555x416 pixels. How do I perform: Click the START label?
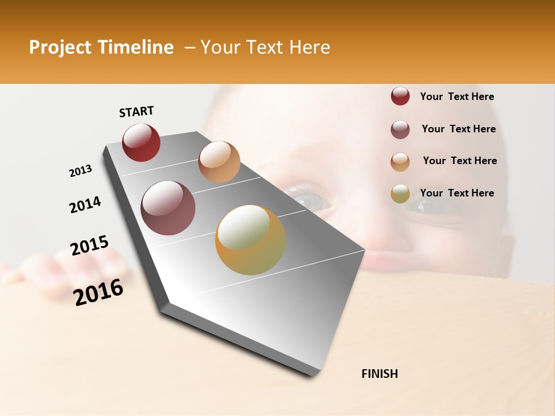(x=136, y=112)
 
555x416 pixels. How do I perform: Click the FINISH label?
(x=379, y=374)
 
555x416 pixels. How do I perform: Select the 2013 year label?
(x=80, y=171)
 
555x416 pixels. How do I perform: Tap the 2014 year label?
(x=85, y=205)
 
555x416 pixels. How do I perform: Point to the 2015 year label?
(x=90, y=246)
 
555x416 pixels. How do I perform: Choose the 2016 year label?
(x=98, y=292)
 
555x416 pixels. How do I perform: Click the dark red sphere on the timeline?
(x=141, y=143)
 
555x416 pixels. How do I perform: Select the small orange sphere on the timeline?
(x=219, y=162)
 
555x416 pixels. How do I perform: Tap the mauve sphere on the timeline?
(x=168, y=208)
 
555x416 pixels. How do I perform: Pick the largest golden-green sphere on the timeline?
(x=250, y=240)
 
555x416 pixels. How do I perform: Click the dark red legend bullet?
(x=400, y=96)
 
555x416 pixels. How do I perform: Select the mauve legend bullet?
(x=400, y=129)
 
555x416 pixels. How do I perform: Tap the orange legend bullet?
(x=400, y=161)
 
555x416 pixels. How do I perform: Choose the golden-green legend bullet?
(x=400, y=194)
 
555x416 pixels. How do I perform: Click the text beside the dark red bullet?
(x=457, y=96)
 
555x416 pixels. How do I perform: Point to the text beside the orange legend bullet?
(x=460, y=161)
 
